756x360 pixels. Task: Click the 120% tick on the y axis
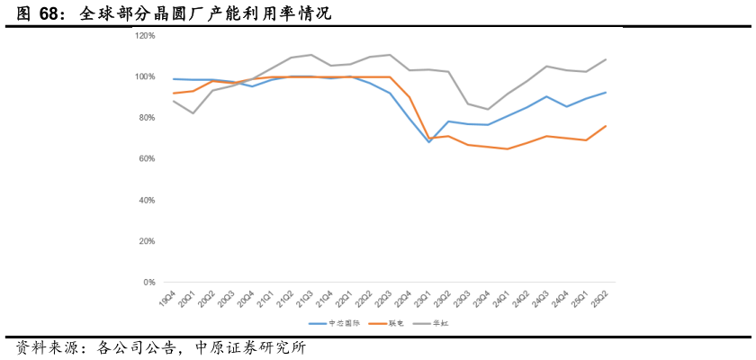tap(146, 36)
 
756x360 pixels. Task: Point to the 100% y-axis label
tap(146, 76)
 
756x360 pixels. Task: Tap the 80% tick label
tap(148, 118)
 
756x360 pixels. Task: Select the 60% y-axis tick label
tap(148, 159)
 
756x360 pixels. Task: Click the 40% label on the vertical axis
tap(148, 200)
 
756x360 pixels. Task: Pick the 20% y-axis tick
tap(148, 241)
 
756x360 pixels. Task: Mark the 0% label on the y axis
tap(150, 283)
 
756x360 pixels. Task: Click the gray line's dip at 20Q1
tap(193, 113)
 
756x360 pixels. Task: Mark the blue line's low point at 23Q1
tap(429, 142)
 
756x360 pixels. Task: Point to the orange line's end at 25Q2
tap(606, 126)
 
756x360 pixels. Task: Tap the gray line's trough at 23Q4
tap(488, 109)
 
